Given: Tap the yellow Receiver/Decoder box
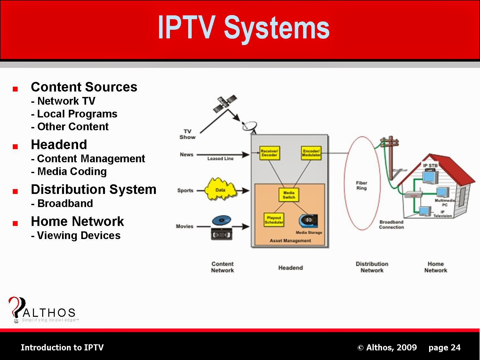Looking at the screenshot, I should click(269, 153).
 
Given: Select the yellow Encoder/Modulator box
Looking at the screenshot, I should click(311, 153).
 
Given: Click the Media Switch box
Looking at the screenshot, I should click(289, 195).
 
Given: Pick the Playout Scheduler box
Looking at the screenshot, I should click(274, 220).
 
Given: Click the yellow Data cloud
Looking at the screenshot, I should click(221, 190).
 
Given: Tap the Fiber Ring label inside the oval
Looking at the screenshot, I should click(362, 186).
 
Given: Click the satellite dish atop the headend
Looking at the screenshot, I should click(250, 126).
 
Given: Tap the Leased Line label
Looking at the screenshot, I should click(220, 159).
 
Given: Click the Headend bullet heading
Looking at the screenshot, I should click(59, 145).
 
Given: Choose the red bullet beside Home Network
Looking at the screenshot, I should click(15, 224).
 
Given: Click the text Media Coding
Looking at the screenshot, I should click(72, 172).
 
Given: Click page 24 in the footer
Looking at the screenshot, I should click(444, 348).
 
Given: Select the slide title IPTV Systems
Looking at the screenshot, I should click(244, 28).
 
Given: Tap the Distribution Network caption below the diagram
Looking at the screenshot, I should click(372, 267).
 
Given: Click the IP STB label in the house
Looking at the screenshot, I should click(430, 165).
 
